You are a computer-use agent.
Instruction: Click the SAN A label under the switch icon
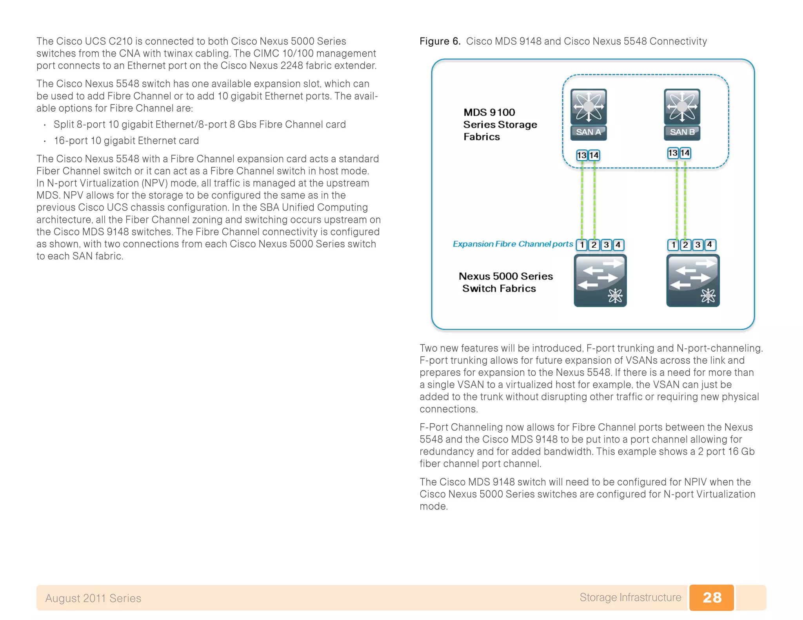tap(588, 132)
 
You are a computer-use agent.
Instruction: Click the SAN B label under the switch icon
tap(682, 132)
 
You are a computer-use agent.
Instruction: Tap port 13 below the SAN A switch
tap(581, 155)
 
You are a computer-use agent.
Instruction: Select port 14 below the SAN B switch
tap(685, 153)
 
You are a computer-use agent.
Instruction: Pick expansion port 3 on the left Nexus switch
tap(606, 245)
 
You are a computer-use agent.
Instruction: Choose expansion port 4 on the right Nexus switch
tap(709, 245)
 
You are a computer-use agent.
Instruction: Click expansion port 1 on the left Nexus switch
tap(582, 245)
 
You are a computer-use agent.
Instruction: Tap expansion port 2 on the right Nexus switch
tap(685, 245)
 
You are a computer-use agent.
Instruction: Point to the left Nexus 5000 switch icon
tap(600, 280)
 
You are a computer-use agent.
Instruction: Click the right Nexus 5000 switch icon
tap(693, 280)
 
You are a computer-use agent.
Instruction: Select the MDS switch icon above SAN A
tap(589, 107)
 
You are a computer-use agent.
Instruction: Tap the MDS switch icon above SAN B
tap(682, 107)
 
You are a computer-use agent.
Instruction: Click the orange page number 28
tap(712, 597)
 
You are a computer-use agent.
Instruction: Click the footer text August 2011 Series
tap(93, 598)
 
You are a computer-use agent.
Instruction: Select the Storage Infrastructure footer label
tap(630, 597)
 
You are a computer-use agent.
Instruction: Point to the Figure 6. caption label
tap(440, 41)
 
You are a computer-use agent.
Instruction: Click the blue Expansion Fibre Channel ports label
tap(512, 244)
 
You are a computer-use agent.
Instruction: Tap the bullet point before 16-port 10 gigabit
tap(45, 141)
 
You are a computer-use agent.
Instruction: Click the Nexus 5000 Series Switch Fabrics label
tap(505, 282)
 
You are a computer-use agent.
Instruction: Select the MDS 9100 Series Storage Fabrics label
tap(500, 124)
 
